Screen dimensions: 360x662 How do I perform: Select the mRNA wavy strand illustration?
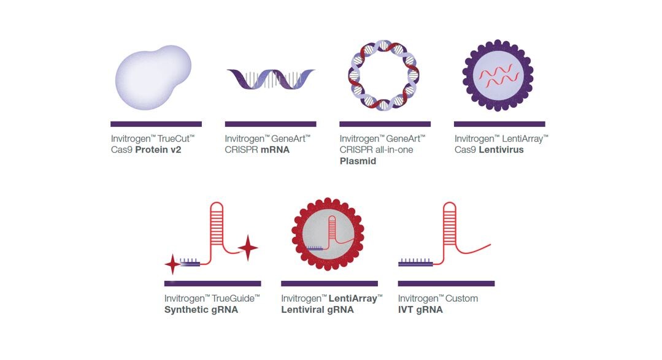(270, 80)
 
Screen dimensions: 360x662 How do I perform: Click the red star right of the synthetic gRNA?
(248, 248)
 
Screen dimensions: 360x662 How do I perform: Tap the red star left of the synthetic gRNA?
(172, 264)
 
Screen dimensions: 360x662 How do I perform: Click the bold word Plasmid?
(358, 161)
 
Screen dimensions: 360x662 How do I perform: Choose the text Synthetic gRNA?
(201, 310)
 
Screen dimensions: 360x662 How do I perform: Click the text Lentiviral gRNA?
(317, 310)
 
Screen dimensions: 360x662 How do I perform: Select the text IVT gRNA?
(420, 310)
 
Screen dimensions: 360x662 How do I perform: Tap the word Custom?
(461, 299)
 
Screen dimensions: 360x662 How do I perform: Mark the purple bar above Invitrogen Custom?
(446, 283)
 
